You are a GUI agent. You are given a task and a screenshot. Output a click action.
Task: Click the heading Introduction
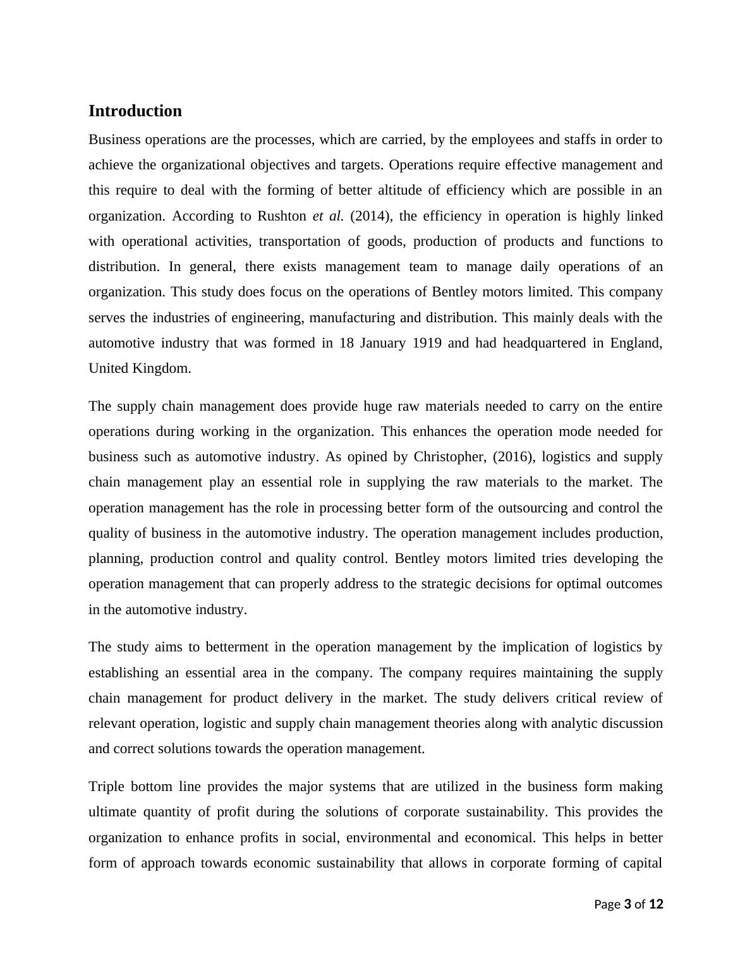coord(135,111)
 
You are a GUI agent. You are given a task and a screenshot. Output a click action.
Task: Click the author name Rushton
coord(281,216)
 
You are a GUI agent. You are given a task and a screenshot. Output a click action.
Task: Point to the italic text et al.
coord(328,216)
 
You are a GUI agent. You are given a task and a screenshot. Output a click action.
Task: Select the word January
coord(383,343)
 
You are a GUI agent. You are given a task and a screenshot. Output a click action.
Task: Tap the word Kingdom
coord(162,368)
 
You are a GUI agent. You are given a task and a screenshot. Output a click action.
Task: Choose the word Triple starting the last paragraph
coord(106,787)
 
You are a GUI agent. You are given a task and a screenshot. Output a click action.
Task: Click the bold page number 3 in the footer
coord(628,904)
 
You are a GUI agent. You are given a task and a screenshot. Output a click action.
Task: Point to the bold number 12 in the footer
coord(656,904)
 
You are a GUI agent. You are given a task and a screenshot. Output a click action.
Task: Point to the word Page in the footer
coord(607,904)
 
